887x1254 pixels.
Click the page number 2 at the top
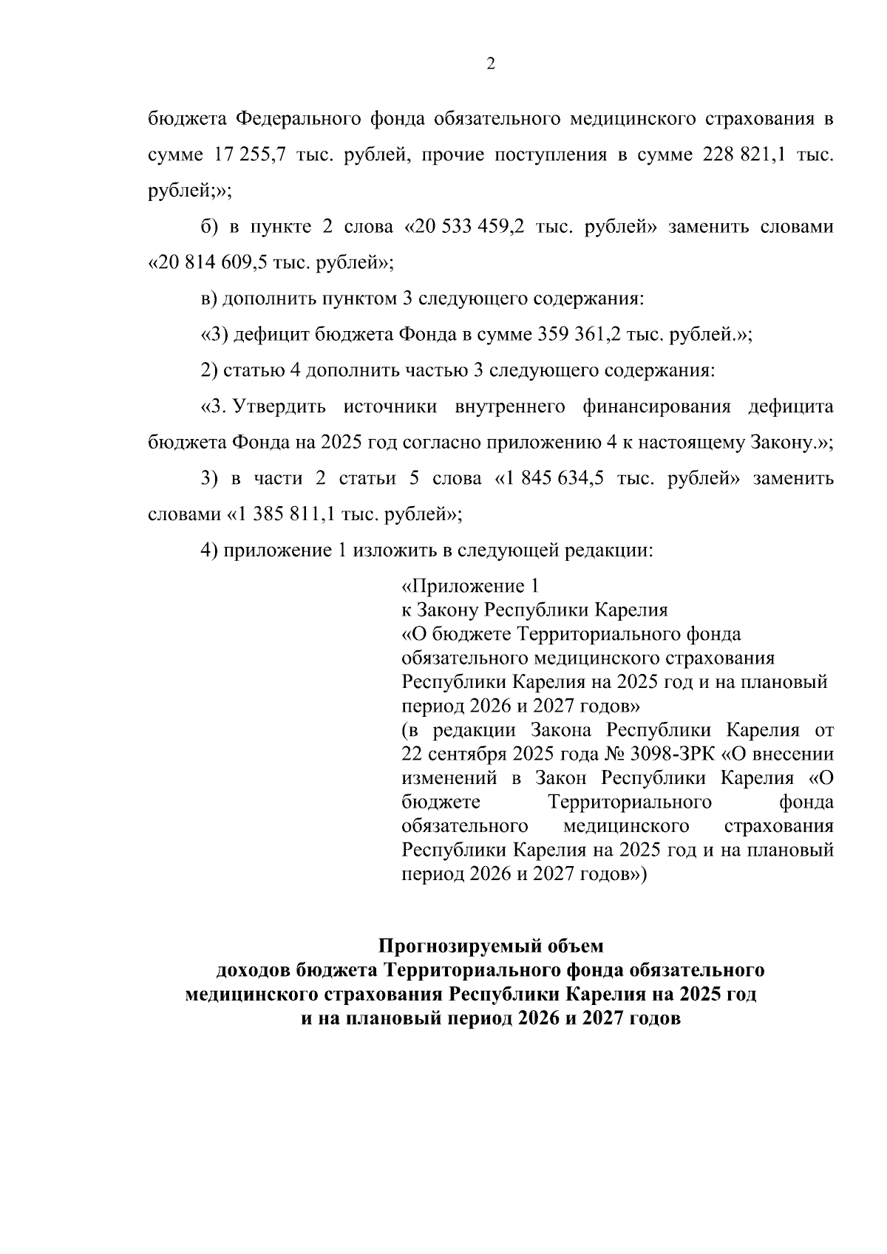[490, 64]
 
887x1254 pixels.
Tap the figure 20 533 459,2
[470, 227]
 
